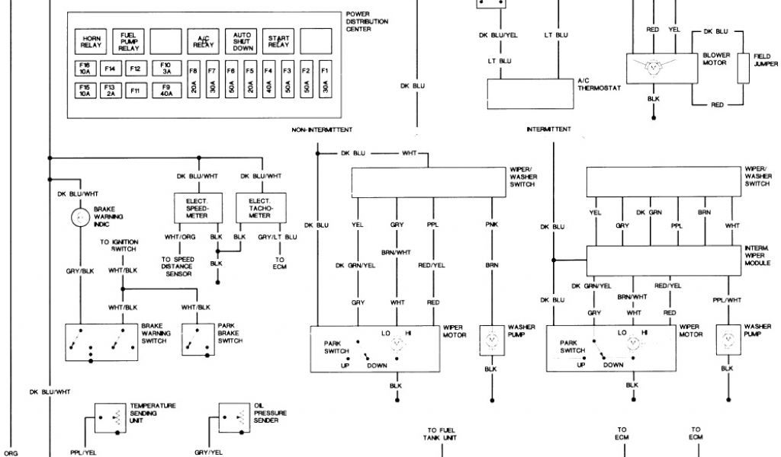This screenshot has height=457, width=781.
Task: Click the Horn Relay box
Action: (x=92, y=41)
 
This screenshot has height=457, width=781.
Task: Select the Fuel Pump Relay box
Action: (x=129, y=41)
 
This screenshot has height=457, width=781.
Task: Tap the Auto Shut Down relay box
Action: (x=243, y=41)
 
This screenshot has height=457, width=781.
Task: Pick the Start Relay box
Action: (x=278, y=41)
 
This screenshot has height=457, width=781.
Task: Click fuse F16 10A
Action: (x=85, y=69)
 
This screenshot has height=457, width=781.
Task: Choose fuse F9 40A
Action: (x=166, y=91)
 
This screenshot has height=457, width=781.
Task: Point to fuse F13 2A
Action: (x=110, y=91)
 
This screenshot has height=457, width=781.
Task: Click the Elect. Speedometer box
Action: (x=198, y=208)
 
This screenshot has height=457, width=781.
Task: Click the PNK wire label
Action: (x=490, y=225)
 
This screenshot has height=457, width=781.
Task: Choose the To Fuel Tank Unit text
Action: (x=442, y=433)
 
